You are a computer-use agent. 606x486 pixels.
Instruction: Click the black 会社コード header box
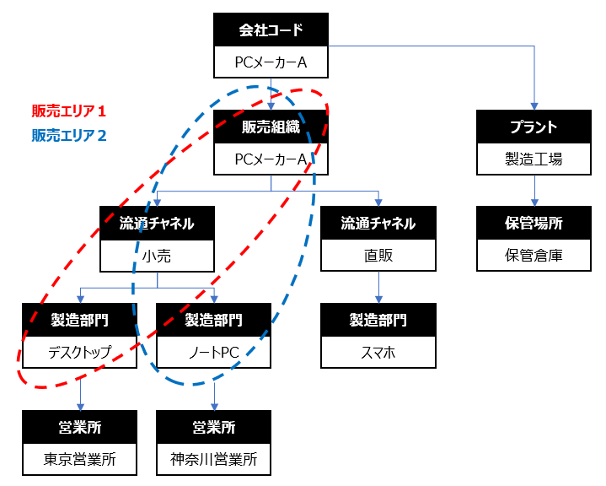[x=270, y=31]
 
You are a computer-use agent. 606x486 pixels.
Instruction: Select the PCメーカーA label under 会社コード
[x=270, y=62]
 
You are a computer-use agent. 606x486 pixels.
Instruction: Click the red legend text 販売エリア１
[x=69, y=111]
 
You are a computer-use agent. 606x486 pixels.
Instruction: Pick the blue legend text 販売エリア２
[x=69, y=134]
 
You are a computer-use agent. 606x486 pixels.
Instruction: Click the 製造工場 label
[x=534, y=159]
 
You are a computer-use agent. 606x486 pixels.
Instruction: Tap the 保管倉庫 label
[x=534, y=254]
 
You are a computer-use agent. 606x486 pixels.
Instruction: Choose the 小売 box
[x=157, y=255]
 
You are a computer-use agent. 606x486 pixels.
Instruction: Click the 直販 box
[x=378, y=255]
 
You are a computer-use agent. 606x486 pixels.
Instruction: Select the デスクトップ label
[x=79, y=351]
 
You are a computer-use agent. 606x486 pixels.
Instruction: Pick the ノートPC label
[x=213, y=351]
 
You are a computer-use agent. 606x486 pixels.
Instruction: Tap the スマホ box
[x=378, y=351]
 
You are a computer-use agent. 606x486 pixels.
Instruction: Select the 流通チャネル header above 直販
[x=378, y=224]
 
